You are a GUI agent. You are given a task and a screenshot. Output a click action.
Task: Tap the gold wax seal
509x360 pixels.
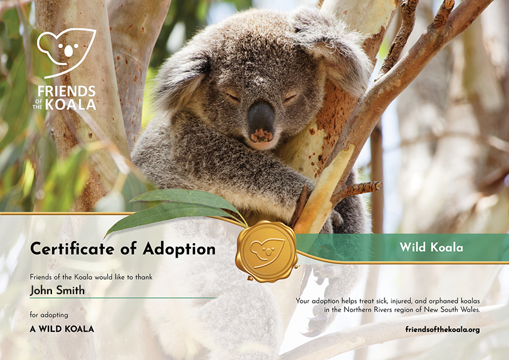tap(267, 251)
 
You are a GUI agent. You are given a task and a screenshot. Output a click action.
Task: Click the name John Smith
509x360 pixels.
tap(57, 290)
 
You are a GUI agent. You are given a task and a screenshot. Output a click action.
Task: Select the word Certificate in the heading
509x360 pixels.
tap(72, 249)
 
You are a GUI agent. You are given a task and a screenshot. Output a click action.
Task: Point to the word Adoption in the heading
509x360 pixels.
tap(179, 249)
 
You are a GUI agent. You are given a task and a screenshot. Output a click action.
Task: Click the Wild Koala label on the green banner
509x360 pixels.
tap(432, 247)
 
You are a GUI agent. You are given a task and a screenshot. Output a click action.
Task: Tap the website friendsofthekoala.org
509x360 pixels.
tap(443, 330)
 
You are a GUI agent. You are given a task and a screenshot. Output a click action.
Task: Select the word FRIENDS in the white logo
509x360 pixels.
tap(66, 91)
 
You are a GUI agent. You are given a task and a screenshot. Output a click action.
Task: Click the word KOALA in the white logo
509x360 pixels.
tap(71, 105)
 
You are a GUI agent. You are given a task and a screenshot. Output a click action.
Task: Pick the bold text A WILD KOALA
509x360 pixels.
tap(62, 329)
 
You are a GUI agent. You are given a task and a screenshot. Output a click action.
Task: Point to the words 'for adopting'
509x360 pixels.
tap(49, 315)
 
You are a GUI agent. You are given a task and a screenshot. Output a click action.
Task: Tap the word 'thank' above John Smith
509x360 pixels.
tap(144, 277)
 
